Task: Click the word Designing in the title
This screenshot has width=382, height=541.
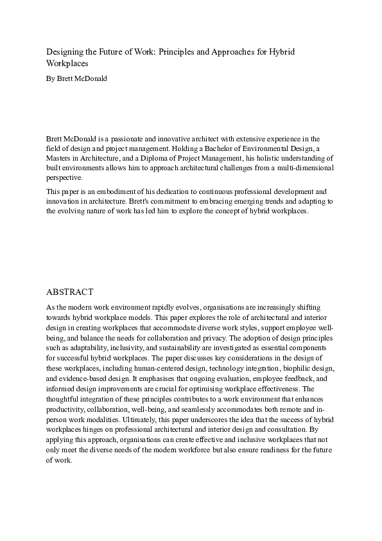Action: coord(65,51)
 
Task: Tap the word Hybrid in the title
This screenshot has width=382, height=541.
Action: coord(282,51)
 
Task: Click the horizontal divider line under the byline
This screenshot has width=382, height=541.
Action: coord(190,112)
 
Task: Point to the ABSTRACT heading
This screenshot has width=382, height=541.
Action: coord(70,292)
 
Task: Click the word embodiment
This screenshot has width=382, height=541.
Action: coord(116,191)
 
